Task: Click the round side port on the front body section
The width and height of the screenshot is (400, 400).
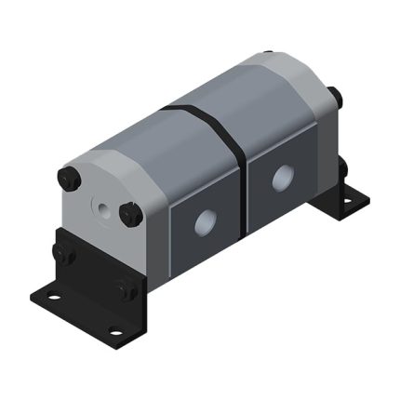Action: click(201, 221)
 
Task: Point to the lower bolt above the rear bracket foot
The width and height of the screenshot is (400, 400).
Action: click(343, 167)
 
